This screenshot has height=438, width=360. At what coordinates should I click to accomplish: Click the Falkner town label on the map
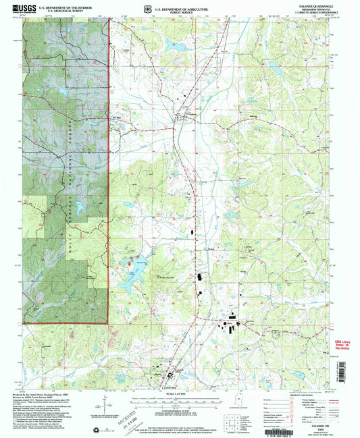(x=192, y=115)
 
